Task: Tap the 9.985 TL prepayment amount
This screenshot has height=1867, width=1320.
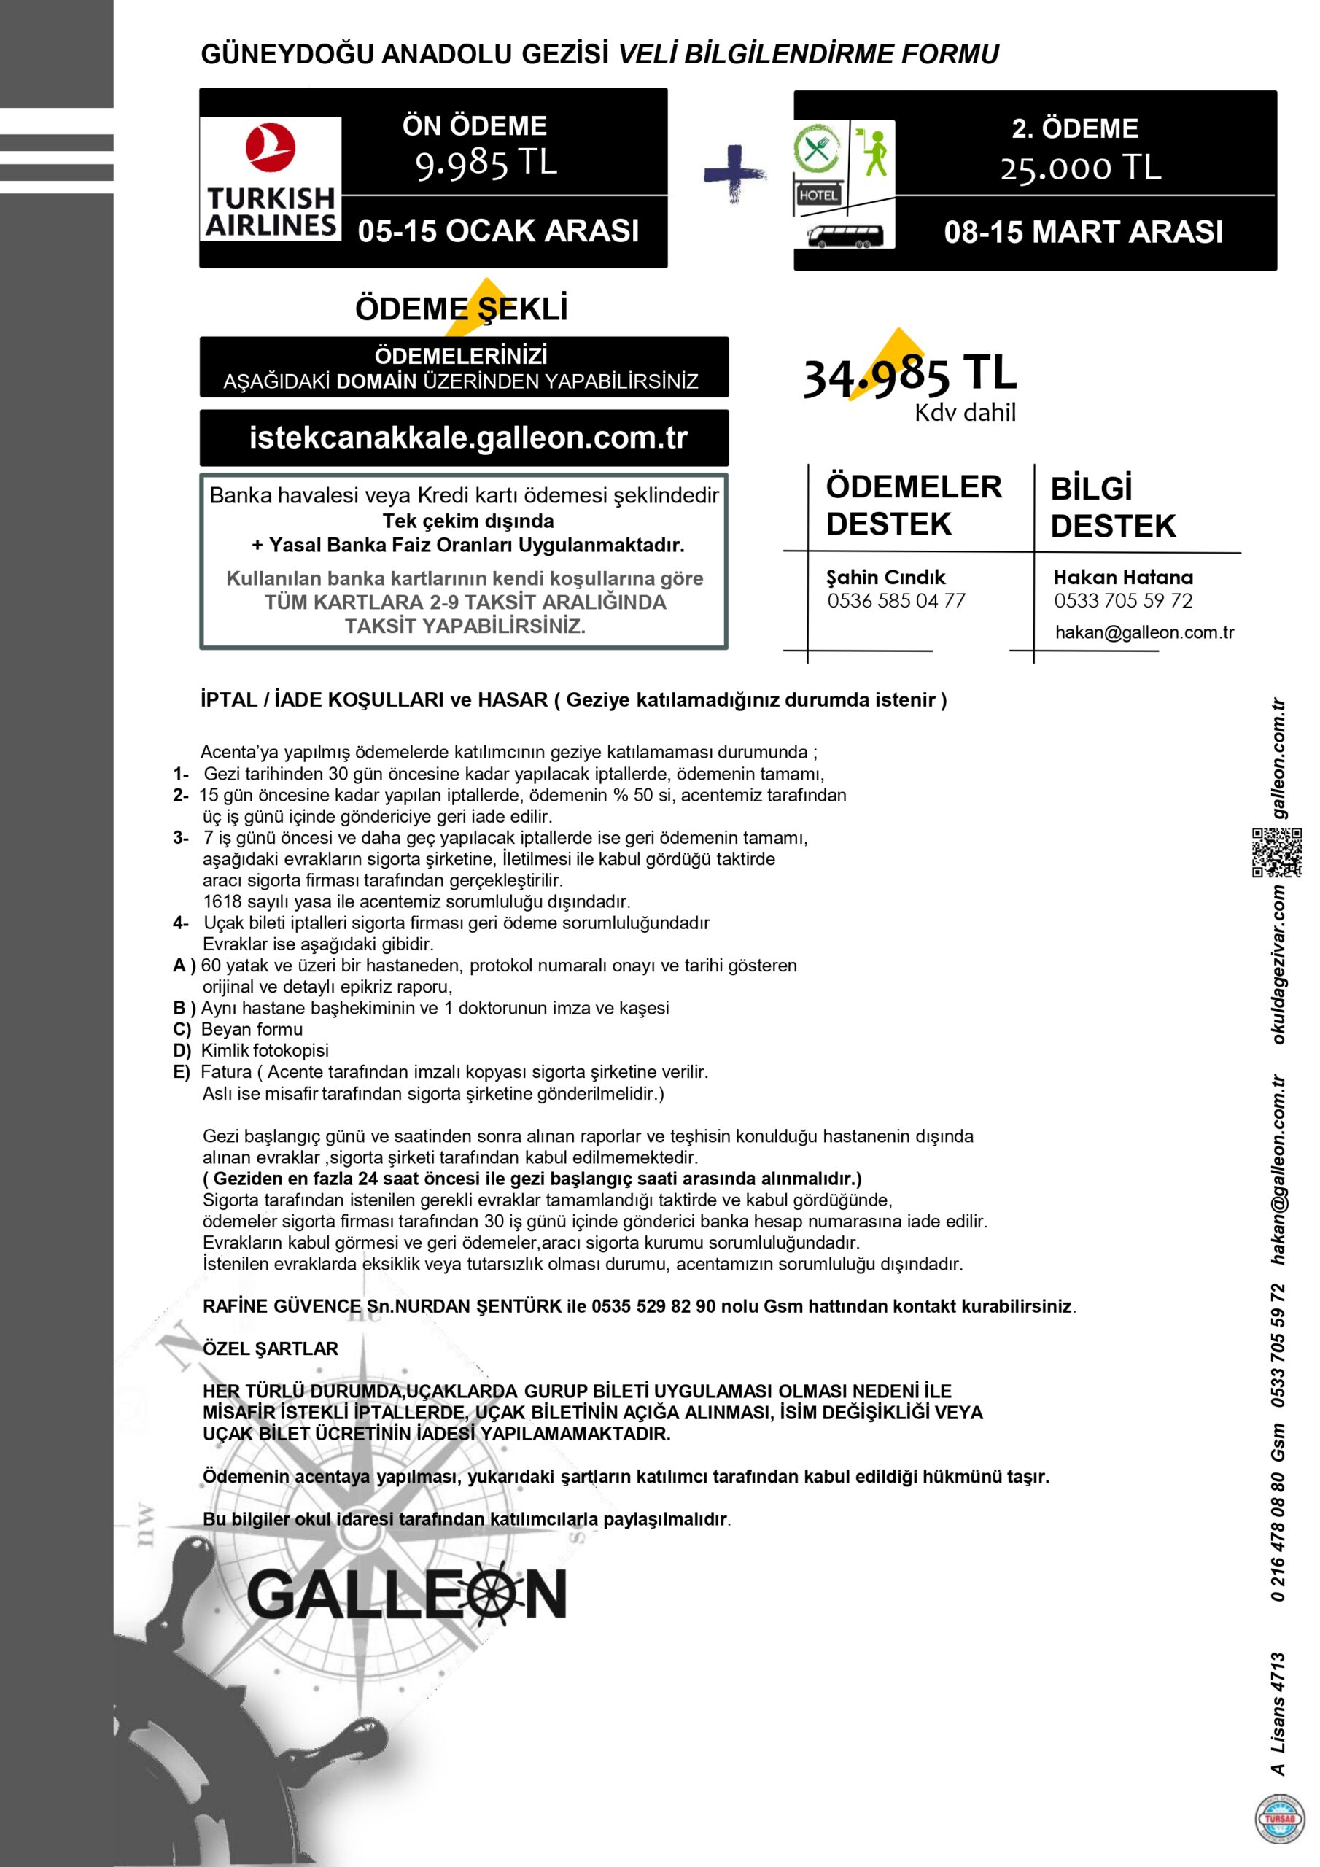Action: [x=486, y=163]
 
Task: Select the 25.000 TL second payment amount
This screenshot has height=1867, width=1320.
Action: [x=1080, y=168]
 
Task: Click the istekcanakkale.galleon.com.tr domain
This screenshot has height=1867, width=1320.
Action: [x=467, y=438]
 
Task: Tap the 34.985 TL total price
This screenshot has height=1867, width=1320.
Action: [x=909, y=376]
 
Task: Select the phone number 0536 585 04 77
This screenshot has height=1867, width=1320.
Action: [x=896, y=601]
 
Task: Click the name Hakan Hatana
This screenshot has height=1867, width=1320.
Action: [x=1122, y=578]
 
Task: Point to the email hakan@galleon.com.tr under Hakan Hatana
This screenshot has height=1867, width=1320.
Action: [x=1144, y=632]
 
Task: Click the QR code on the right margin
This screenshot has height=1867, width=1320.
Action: [x=1276, y=853]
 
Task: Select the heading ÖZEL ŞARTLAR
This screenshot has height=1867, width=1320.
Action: [x=270, y=1349]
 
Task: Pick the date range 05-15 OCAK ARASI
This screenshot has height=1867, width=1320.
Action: [x=499, y=231]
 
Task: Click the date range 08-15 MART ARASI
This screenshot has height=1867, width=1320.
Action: [x=1082, y=233]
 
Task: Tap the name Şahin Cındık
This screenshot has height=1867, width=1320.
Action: [x=885, y=578]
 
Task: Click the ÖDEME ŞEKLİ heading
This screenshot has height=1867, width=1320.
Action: [x=461, y=310]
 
